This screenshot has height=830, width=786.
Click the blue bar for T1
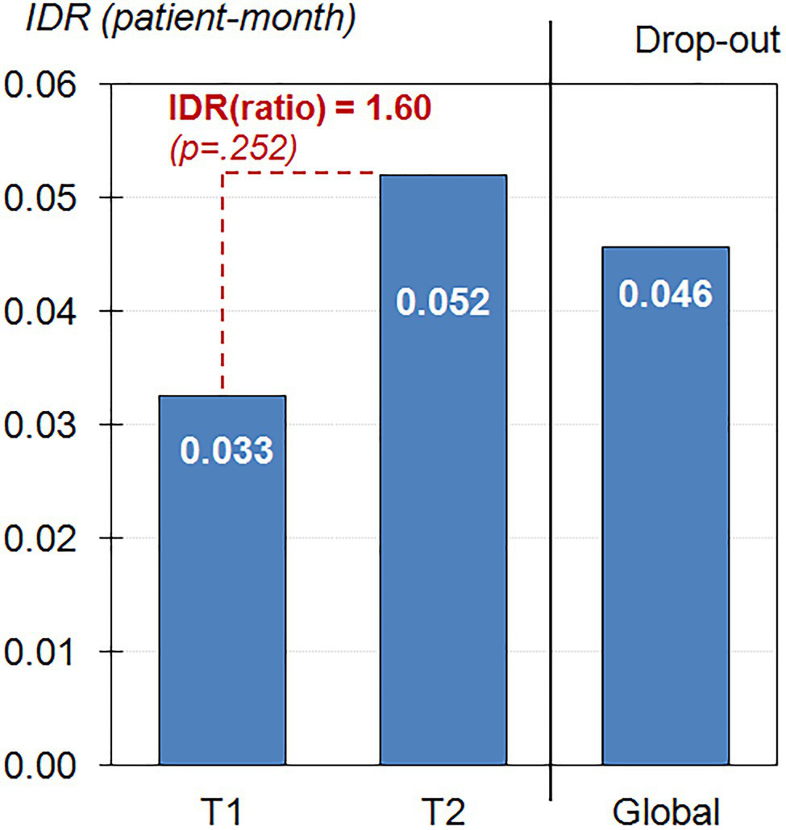(222, 580)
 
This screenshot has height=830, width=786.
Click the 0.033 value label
(227, 451)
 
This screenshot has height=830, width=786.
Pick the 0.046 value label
(666, 294)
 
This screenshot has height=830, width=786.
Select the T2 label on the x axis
(443, 810)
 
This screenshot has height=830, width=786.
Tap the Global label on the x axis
(666, 810)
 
